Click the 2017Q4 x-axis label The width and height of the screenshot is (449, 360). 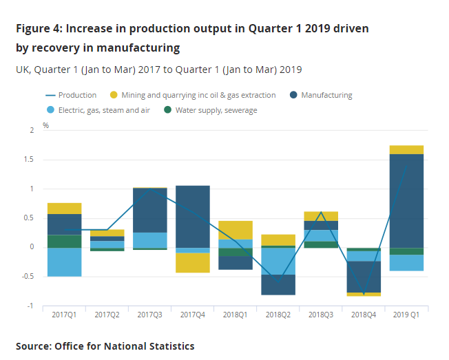tap(193, 315)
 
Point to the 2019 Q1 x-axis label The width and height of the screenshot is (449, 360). tap(406, 315)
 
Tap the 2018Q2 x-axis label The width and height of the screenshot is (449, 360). tap(278, 315)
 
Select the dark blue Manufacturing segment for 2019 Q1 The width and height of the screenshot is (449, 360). tap(406, 200)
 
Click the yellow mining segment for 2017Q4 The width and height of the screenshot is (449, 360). tap(193, 263)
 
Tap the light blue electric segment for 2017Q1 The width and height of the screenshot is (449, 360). tap(65, 262)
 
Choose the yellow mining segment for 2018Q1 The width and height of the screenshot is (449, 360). tap(236, 230)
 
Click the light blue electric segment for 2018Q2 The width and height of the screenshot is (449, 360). tap(278, 261)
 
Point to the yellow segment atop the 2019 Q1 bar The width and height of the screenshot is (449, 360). tap(406, 149)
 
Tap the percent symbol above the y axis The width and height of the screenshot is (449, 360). tap(46, 126)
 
